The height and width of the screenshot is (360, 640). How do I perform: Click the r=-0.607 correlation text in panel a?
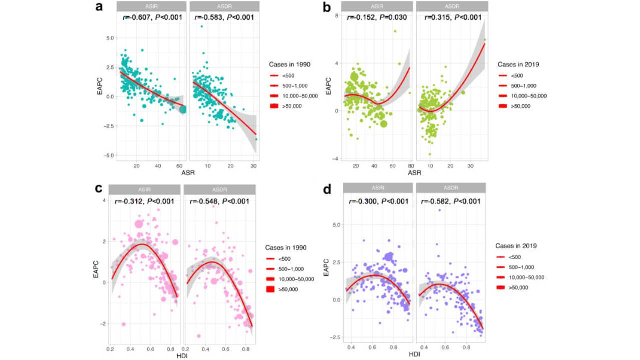pyautogui.click(x=152, y=18)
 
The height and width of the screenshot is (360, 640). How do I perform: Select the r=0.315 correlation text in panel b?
pyautogui.click(x=453, y=18)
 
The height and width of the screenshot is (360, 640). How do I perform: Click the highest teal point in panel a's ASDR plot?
pyautogui.click(x=202, y=26)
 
